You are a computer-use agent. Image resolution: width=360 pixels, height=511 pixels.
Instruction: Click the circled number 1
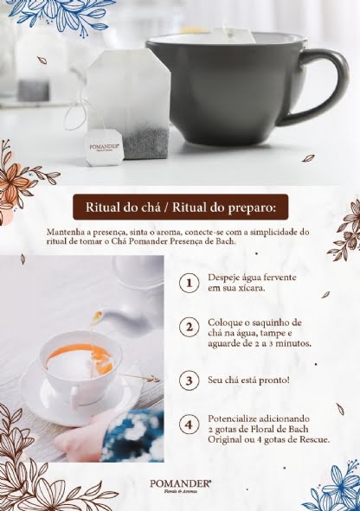pos(190,283)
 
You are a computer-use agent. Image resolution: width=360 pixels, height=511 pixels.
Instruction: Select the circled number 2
pos(190,327)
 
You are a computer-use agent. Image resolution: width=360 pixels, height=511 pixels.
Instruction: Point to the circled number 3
pos(190,380)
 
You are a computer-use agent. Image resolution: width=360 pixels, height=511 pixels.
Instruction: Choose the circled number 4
pos(190,425)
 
